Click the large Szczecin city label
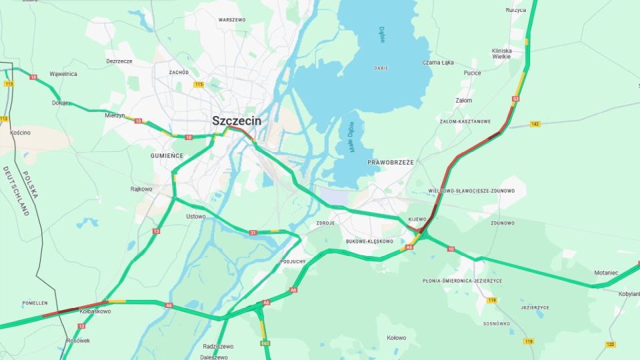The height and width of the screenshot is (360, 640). tap(237, 121)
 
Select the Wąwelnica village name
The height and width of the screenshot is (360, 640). tap(63, 74)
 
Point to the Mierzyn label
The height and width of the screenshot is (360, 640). tap(115, 115)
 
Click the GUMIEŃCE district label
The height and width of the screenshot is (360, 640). tap(167, 155)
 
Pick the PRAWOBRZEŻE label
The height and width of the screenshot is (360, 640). tap(391, 162)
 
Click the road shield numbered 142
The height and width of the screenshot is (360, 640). tap(535, 124)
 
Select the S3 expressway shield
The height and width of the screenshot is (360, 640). tap(515, 99)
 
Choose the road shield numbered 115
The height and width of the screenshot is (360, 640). tap(199, 85)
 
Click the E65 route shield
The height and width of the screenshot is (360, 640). tap(265, 343)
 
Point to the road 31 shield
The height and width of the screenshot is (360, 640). tap(253, 233)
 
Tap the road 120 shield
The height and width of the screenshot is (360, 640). tap(610, 344)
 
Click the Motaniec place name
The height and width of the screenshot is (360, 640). tap(607, 273)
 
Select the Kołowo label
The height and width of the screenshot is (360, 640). tap(396, 337)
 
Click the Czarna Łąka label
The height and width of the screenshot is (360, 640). tap(437, 63)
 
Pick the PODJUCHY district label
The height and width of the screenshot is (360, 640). tap(293, 261)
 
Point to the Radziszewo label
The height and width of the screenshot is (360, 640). tap(218, 347)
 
